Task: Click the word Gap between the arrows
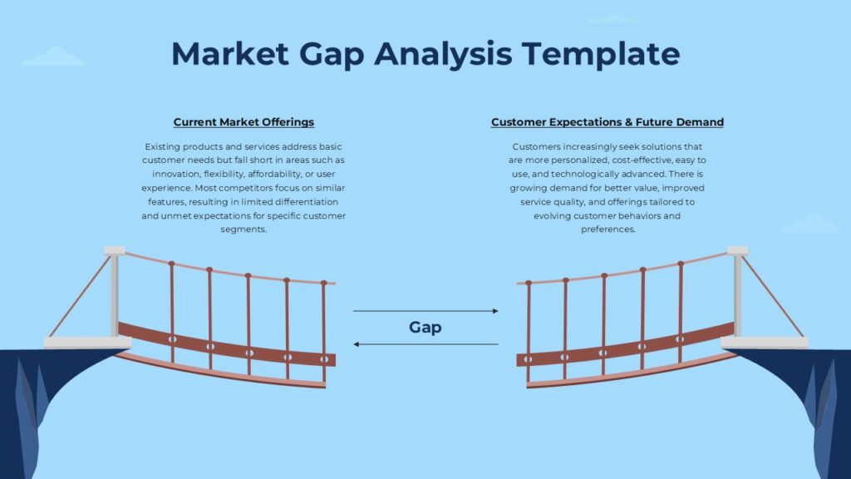(x=425, y=328)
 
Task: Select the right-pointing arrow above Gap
(x=425, y=311)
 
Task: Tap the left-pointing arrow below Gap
(x=425, y=344)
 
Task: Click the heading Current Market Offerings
(x=243, y=122)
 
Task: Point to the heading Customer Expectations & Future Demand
(x=608, y=122)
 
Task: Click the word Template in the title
(x=601, y=54)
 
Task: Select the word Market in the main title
(x=230, y=54)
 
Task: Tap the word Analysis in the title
(x=443, y=55)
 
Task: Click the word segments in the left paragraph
(x=243, y=230)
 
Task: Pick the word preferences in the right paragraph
(x=608, y=230)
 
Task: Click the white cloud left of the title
(x=53, y=57)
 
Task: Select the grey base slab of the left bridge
(x=87, y=343)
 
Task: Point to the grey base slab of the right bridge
(x=765, y=343)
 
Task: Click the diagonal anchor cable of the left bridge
(x=80, y=297)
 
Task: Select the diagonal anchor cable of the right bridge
(x=773, y=297)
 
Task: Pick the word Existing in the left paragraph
(x=162, y=146)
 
